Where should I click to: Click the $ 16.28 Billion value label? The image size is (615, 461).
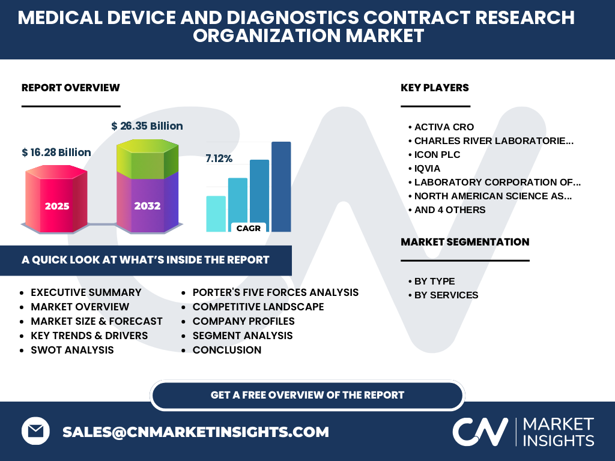tap(56, 152)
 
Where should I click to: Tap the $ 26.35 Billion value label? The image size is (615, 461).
tap(147, 126)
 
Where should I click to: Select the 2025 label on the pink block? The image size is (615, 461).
tap(57, 206)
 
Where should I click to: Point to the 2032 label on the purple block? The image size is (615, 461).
tap(148, 206)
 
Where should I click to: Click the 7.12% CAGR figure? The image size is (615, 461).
tap(219, 158)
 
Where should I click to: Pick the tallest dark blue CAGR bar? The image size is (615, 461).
tap(281, 187)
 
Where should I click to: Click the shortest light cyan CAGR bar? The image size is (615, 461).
tap(216, 214)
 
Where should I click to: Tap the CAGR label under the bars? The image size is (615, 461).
tap(249, 228)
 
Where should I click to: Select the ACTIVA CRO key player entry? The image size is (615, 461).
tap(444, 127)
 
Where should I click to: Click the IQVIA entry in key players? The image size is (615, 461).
tap(427, 169)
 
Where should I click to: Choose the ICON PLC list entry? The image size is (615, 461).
tap(437, 154)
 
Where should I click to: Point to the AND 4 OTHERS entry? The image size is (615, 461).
tap(450, 209)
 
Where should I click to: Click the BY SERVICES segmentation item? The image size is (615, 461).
tap(446, 295)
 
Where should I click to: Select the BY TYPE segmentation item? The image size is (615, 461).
tap(435, 282)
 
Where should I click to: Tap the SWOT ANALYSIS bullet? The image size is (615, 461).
tap(72, 350)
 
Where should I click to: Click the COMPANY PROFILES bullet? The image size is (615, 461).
tap(244, 321)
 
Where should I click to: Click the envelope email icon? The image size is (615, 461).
tap(35, 431)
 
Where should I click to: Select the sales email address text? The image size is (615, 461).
tap(196, 432)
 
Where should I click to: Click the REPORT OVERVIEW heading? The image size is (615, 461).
tap(71, 88)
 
